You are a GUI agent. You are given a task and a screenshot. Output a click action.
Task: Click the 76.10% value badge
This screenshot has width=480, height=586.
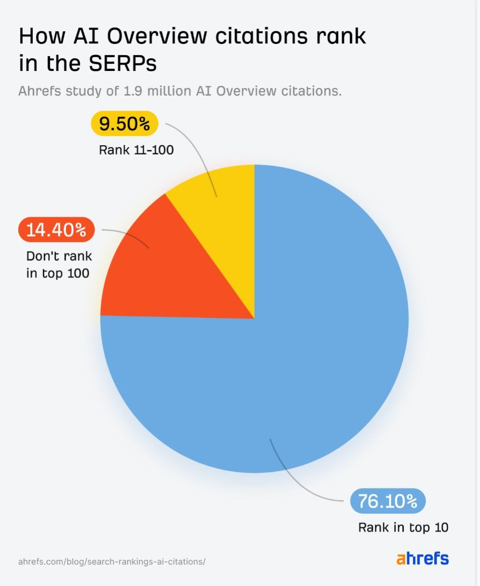388,501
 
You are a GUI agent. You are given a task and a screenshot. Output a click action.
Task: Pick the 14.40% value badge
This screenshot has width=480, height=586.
56,230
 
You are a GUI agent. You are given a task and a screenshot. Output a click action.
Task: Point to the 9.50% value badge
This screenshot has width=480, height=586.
124,124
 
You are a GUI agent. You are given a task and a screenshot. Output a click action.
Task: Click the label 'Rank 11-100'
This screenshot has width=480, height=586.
136,150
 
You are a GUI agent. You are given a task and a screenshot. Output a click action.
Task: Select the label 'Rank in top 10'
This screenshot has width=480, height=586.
403,527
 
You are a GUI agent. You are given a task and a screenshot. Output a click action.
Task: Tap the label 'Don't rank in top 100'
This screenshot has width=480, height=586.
58,265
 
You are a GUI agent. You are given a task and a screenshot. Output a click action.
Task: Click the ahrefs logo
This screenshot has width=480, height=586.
423,559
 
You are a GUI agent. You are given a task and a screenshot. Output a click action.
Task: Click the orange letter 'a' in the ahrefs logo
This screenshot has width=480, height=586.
401,560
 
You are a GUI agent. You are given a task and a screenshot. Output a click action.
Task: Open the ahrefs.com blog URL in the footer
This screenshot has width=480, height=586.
112,562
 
